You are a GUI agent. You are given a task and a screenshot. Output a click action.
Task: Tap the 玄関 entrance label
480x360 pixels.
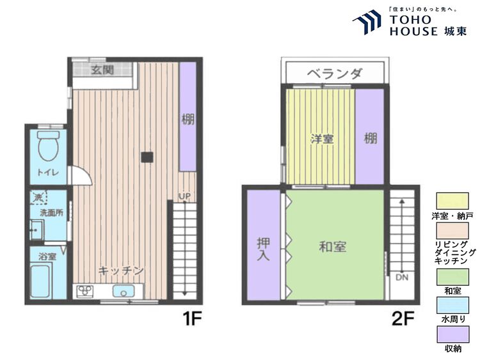[x=102, y=70]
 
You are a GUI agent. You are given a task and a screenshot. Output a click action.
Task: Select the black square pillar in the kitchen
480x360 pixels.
[x=147, y=157]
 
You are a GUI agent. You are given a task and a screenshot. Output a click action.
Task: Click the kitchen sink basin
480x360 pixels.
[x=124, y=291]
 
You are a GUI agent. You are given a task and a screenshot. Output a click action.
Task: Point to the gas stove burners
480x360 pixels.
[x=84, y=291]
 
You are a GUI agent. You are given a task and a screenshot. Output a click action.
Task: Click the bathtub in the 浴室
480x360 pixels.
[x=41, y=282]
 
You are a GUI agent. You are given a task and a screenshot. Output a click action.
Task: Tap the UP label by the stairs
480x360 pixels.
[x=184, y=196]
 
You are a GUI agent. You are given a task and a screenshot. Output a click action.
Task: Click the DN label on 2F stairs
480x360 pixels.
[x=402, y=278]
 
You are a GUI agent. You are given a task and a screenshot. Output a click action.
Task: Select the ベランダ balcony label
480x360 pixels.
[x=335, y=74]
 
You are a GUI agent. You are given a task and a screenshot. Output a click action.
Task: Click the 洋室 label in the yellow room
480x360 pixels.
[x=322, y=139]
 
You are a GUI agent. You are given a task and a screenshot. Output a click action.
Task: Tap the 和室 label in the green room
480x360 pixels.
[x=333, y=247]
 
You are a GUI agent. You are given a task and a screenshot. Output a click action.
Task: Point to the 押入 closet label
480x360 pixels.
[x=263, y=249]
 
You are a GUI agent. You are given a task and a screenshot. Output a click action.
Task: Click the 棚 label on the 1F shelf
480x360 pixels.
[x=188, y=119]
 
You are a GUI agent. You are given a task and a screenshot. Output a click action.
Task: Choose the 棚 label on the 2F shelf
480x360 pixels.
[x=370, y=139]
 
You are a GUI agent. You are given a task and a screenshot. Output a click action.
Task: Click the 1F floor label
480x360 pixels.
[x=192, y=318]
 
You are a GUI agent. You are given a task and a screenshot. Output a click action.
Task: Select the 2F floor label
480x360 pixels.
[x=403, y=318]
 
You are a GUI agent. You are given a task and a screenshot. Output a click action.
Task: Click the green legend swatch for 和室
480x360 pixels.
[x=452, y=277]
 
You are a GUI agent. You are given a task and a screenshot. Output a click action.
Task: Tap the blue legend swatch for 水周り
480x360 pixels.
[x=452, y=305]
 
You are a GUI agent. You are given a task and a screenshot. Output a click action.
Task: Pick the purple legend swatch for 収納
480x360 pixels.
[x=452, y=334]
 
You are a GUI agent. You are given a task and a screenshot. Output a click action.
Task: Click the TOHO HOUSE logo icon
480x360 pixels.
[x=367, y=22]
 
